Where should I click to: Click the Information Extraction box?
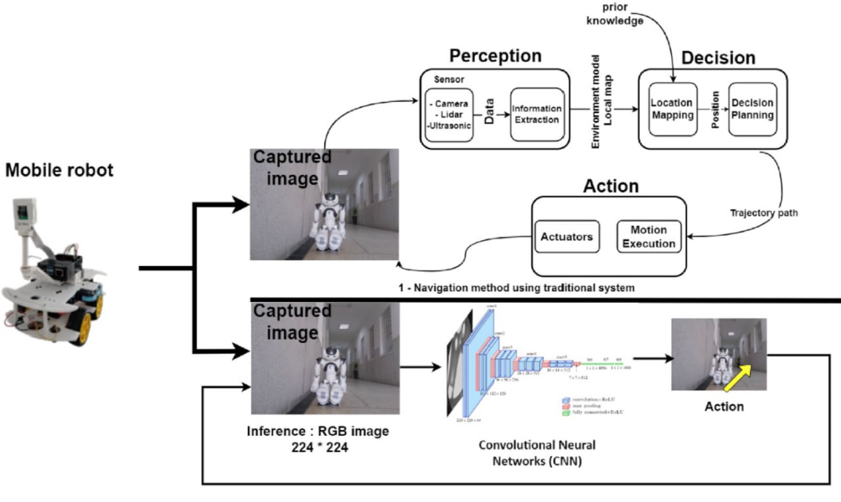click(537, 114)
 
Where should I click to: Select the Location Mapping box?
click(671, 109)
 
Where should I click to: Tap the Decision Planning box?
click(752, 109)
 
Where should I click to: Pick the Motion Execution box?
click(648, 237)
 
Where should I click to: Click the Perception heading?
click(495, 56)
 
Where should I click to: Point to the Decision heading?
click(718, 58)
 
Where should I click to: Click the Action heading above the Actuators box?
click(611, 187)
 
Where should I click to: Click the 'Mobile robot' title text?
click(59, 171)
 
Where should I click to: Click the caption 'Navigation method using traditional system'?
click(520, 287)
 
